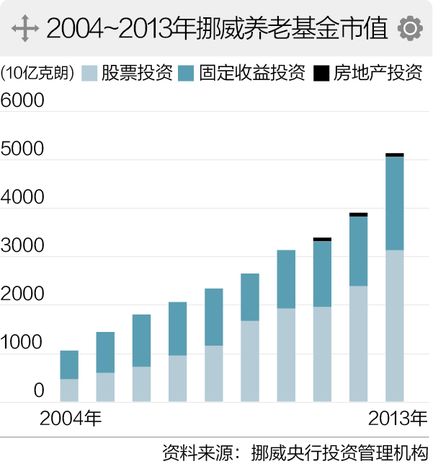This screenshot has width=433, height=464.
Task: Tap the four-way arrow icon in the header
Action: click(x=25, y=28)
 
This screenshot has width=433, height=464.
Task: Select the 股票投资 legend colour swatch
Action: click(x=89, y=73)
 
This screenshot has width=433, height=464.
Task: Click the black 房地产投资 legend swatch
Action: click(x=321, y=73)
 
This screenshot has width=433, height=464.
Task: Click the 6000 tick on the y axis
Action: click(x=22, y=100)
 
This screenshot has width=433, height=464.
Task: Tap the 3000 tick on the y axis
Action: click(x=22, y=245)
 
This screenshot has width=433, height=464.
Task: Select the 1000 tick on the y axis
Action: click(x=22, y=343)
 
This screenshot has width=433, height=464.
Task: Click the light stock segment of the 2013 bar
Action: click(x=395, y=325)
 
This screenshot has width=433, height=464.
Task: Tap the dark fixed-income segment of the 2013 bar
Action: click(x=395, y=203)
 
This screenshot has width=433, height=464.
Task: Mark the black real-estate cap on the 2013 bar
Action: click(x=395, y=154)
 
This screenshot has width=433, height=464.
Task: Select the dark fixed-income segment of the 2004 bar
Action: click(x=69, y=364)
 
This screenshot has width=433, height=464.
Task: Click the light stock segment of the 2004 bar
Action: click(x=69, y=390)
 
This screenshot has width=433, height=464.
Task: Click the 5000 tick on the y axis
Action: click(x=22, y=149)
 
